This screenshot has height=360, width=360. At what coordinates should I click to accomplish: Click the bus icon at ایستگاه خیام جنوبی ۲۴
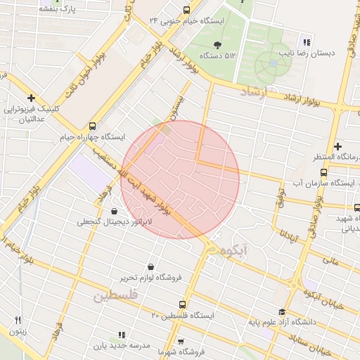tap(186, 11)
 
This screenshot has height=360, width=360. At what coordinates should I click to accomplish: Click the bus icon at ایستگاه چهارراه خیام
tap(94, 124)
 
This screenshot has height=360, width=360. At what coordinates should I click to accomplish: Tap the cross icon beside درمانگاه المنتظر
tap(337, 145)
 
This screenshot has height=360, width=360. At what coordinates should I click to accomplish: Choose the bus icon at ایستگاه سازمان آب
tap(323, 172)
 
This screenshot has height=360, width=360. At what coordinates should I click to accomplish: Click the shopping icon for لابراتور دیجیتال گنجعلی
tap(114, 210)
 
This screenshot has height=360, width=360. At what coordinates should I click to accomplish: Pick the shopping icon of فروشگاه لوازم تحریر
tap(152, 266)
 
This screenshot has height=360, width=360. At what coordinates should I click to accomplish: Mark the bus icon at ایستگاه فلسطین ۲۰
tap(183, 304)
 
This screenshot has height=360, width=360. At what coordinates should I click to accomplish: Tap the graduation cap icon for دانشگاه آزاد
tap(282, 312)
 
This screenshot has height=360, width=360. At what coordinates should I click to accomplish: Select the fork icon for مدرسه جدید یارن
tap(121, 335)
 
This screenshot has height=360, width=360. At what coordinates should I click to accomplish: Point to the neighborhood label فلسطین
tap(112, 296)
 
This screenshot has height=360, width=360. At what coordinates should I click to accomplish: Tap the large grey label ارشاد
tap(254, 93)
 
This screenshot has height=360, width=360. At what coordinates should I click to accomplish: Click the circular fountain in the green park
tap(272, 64)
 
